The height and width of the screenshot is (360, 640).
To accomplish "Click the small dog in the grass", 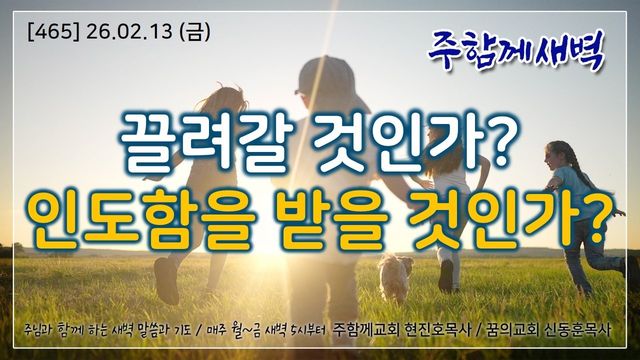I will click(395, 277).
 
